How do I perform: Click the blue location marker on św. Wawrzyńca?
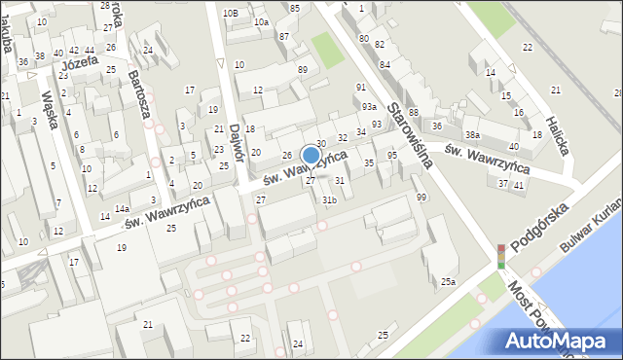pos(311,155)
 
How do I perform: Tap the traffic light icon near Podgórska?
pos(500,256)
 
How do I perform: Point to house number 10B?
pos(230,13)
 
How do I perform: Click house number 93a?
pos(369,106)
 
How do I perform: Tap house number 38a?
pos(472,134)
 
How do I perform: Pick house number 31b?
pos(329,200)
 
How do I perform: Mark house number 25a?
pos(447,281)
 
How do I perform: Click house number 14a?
pos(122,208)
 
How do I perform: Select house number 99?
pos(421,197)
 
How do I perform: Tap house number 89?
pos(303,69)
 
